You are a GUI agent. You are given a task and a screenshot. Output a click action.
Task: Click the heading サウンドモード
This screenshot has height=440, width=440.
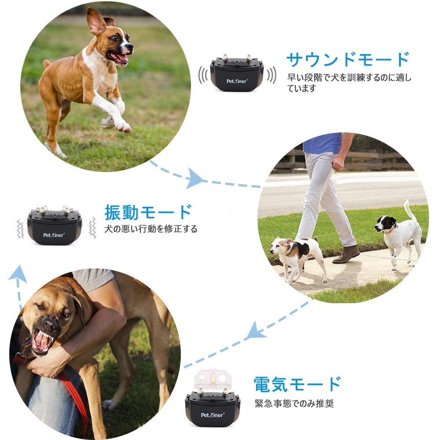click(348, 59)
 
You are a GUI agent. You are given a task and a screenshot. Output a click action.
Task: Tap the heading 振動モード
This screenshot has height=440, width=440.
click(148, 212)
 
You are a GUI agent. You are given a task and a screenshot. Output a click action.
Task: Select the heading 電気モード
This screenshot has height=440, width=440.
click(297, 384)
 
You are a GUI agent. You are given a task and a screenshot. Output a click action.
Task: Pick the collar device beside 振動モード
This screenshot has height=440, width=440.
click(55, 225)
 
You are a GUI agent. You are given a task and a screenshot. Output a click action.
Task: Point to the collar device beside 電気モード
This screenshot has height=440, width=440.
click(213, 407)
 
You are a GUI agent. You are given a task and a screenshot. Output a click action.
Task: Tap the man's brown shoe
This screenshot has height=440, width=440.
click(346, 254)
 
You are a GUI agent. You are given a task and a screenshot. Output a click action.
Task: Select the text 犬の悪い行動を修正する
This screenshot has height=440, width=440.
click(150, 229)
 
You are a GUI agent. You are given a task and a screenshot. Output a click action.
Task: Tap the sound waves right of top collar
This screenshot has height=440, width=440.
click(272, 75)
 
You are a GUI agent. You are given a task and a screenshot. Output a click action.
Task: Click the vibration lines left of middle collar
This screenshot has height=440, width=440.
click(20, 228)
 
